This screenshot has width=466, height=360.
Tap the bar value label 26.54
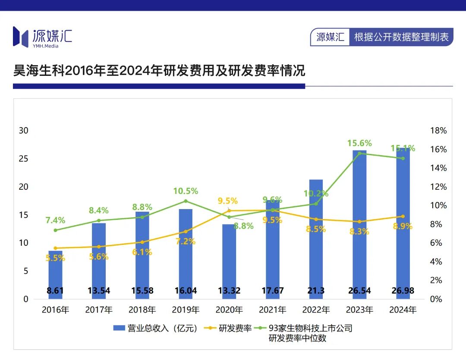[x=359, y=291]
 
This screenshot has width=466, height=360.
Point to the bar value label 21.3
[x=316, y=291]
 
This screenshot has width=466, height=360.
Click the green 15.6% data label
[x=359, y=143]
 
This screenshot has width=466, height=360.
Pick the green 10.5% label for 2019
[x=186, y=191]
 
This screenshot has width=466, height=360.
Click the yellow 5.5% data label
[x=55, y=258]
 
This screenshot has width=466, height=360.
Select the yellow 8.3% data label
[x=359, y=232]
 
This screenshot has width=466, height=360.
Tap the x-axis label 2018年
[x=142, y=310]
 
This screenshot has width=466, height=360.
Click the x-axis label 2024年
[x=403, y=310]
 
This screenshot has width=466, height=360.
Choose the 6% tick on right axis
[x=437, y=243]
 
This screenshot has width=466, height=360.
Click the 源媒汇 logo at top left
[x=42, y=37]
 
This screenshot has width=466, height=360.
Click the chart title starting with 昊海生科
[x=159, y=70]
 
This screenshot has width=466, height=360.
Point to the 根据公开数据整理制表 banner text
[x=401, y=37]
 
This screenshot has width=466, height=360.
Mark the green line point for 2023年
[x=359, y=153]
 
